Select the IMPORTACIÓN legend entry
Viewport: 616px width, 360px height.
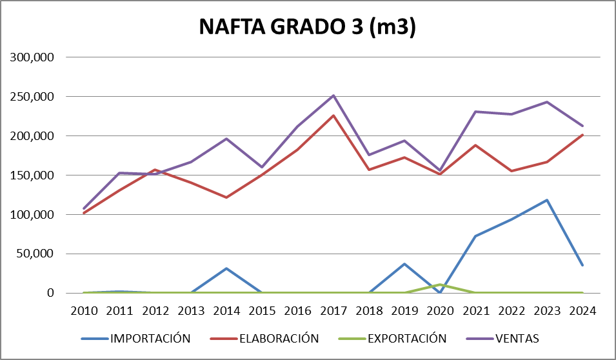coord(150,338)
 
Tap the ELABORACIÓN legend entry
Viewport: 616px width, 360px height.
coord(279,338)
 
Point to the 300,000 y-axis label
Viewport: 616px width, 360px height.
coord(31,57)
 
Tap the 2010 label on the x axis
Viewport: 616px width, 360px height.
coord(84,311)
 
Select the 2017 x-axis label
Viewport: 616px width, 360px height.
coord(333,311)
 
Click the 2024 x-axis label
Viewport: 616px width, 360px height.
coord(582,311)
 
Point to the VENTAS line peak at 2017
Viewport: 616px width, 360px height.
coord(333,95)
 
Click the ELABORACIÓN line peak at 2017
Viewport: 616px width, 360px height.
coord(333,115)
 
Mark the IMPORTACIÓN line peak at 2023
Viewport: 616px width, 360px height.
coord(547,200)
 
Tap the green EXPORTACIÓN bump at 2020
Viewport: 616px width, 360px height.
coord(440,285)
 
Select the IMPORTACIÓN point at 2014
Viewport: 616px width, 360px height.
coord(226,268)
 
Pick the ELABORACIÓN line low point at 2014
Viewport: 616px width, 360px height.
coord(226,197)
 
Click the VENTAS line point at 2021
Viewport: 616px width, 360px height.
coord(476,112)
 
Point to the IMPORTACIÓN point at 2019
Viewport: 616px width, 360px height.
coord(404,264)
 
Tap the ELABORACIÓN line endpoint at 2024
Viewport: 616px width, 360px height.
coord(582,135)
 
